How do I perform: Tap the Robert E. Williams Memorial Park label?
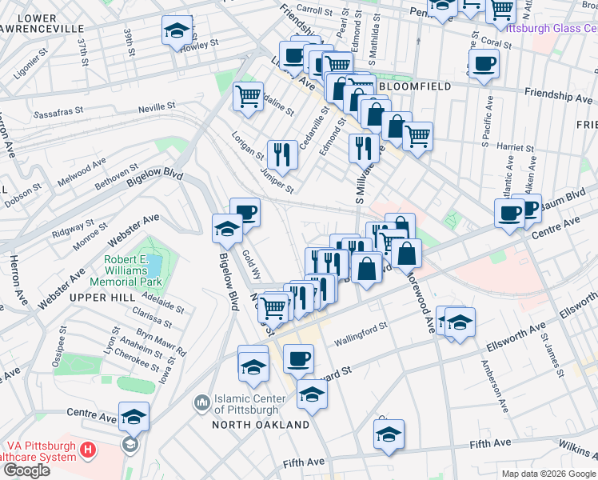132,271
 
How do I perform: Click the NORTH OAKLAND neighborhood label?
261,424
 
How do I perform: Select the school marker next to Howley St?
177,31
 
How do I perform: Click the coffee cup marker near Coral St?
484,64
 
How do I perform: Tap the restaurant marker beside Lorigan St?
281,150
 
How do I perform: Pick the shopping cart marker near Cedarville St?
249,97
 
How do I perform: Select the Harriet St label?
515,148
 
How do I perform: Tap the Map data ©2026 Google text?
548,473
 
